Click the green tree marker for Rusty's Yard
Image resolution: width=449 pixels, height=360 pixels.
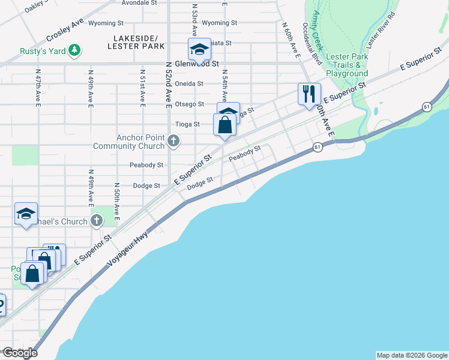[x=74, y=51]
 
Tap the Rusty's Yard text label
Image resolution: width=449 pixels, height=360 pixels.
[x=42, y=51]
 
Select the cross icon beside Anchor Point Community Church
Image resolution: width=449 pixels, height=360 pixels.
[x=173, y=142]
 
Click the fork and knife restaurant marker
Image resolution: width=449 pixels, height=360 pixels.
[x=309, y=94]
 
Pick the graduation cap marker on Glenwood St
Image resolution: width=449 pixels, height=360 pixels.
[x=199, y=49]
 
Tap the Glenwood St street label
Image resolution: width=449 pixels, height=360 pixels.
[x=192, y=63]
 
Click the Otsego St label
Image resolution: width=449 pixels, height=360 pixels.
[x=190, y=104]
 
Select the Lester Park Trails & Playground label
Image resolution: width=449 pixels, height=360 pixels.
[x=347, y=65]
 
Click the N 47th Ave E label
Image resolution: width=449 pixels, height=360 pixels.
[x=38, y=91]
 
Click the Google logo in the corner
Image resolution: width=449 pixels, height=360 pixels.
[x=19, y=353]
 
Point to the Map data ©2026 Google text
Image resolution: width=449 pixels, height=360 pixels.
[x=411, y=355]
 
